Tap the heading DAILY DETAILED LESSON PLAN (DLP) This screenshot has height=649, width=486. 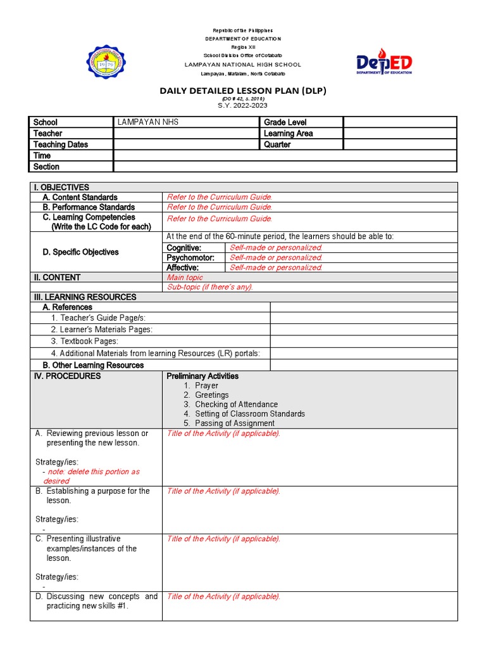coord(243,91)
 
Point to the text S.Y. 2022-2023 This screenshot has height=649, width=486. coord(242,105)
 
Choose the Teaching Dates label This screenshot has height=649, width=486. coord(61,145)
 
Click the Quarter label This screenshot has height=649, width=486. coord(277,145)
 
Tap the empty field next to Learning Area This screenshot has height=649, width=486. coord(399,133)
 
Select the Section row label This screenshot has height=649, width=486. coord(46,167)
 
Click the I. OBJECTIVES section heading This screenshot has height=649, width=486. coord(61,187)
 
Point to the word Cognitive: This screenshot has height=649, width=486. coord(184,247)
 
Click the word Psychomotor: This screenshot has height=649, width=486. coord(190,257)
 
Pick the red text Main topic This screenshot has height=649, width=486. coord(185,278)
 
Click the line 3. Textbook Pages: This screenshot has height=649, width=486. coord(84,341)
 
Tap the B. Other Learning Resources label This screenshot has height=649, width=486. coord(93,365)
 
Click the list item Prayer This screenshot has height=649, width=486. coord(206,385)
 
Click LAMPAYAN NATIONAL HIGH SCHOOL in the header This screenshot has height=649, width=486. coord(242,65)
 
